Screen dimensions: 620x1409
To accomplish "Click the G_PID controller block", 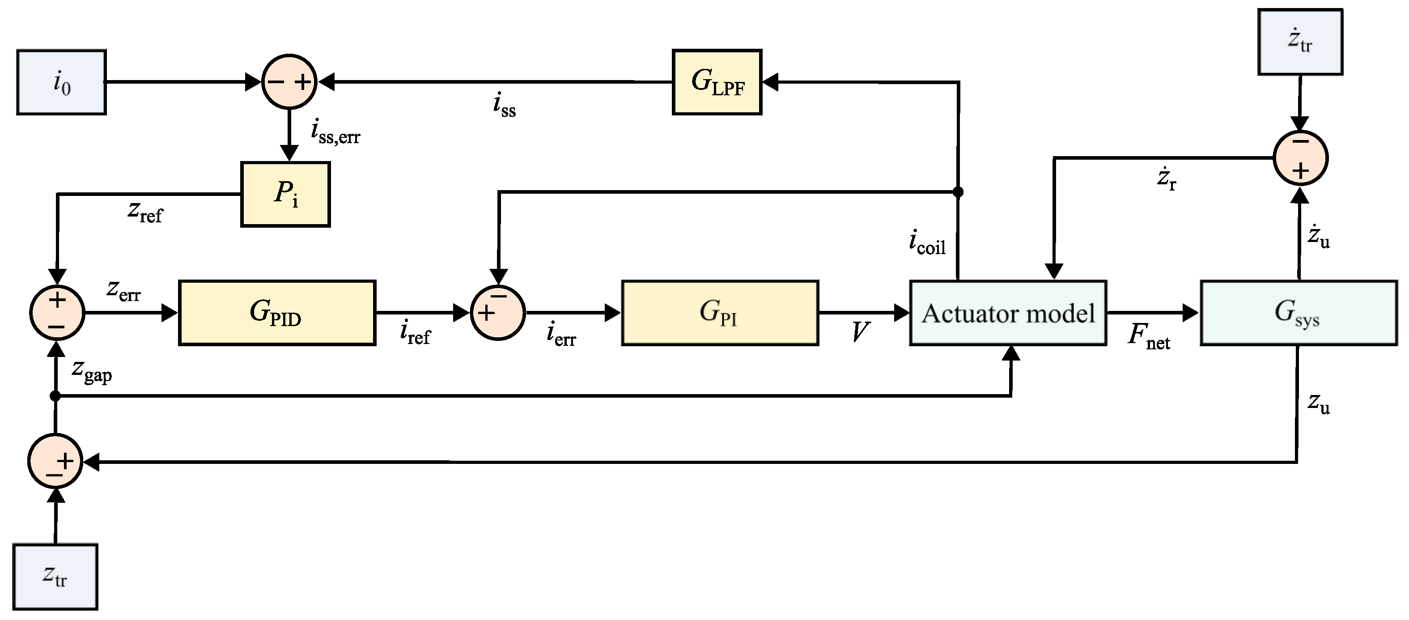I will click(277, 313).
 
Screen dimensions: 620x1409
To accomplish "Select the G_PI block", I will click(720, 313).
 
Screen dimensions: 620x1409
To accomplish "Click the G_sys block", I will click(1299, 313).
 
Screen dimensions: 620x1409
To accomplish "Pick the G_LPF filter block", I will click(717, 82).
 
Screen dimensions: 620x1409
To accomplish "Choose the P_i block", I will click(285, 194).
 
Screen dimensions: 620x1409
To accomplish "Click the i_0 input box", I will click(61, 82).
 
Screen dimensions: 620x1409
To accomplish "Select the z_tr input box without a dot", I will click(55, 576).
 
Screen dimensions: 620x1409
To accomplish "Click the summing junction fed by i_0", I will click(289, 82).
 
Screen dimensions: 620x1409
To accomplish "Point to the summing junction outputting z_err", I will click(57, 313).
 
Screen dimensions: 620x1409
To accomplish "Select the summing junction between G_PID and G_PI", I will click(498, 313).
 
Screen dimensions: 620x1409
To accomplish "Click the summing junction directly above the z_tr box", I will click(55, 461).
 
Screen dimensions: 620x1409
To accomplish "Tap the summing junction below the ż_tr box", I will click(1300, 158).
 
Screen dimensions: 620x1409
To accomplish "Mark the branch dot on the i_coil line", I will click(958, 191).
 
